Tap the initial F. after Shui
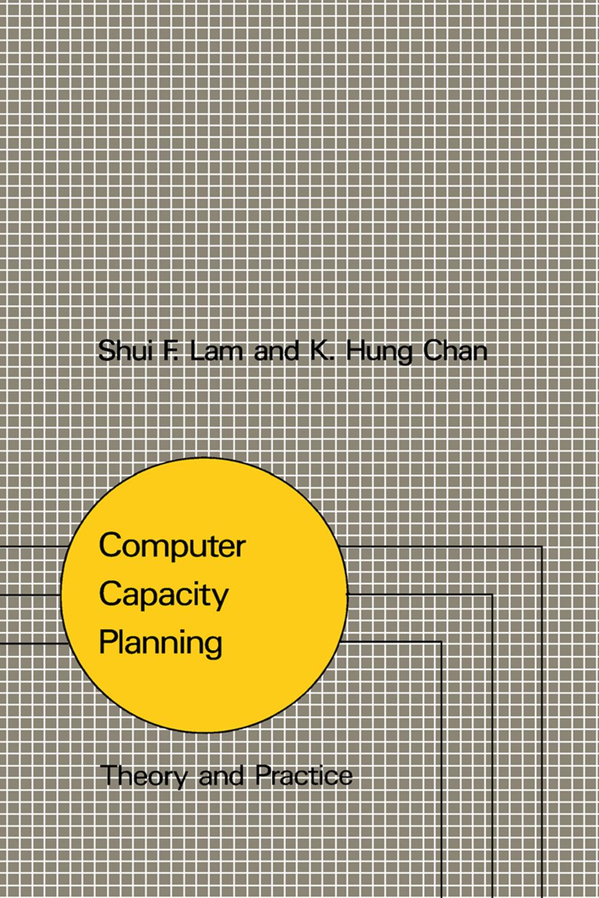click(x=170, y=350)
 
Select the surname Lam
click(x=216, y=350)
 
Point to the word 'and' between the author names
click(x=276, y=350)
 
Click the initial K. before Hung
click(x=321, y=350)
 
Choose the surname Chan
click(x=455, y=350)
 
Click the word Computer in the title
click(x=172, y=546)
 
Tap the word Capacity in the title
click(x=164, y=595)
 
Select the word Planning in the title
click(x=161, y=643)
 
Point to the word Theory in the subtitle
click(x=144, y=776)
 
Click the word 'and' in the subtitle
click(x=221, y=776)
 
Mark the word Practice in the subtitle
click(x=304, y=775)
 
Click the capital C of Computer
click(x=110, y=545)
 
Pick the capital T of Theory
click(x=108, y=775)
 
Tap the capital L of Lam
click(x=196, y=350)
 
